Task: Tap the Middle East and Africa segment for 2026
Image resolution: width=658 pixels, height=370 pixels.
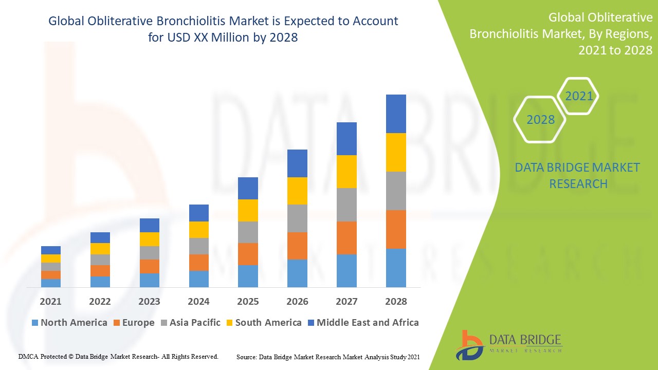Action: coord(297,163)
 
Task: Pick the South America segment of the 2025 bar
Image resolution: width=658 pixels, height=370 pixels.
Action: coord(248,210)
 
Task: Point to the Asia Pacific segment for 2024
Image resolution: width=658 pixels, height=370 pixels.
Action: coord(199,246)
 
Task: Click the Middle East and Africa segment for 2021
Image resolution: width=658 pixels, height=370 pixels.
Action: coord(51,250)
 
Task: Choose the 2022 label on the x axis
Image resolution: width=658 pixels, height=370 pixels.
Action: coord(100,302)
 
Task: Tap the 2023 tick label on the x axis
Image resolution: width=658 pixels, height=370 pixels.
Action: coord(149,302)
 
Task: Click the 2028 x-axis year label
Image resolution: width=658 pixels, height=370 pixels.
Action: coord(396,302)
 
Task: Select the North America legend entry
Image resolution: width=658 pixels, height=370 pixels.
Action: coord(69,323)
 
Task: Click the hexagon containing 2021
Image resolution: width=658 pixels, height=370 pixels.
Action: coord(579,96)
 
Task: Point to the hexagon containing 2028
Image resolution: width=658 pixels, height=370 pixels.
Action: coord(540,120)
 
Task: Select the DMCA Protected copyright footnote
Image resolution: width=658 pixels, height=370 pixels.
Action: coord(118,356)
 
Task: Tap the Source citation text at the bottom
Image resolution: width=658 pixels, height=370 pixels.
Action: coord(328,357)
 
